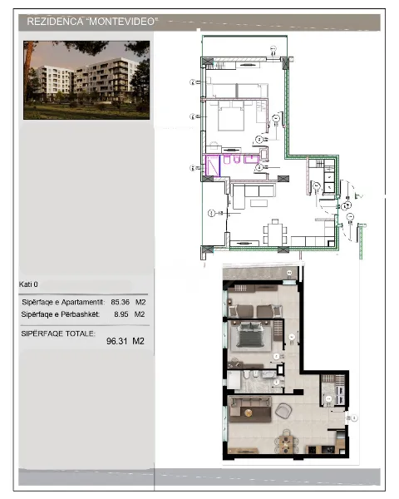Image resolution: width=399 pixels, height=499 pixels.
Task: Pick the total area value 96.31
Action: click(x=110, y=340)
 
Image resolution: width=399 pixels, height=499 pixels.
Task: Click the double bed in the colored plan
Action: click(x=252, y=336)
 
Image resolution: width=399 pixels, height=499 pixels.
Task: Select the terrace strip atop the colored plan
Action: click(x=259, y=274)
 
